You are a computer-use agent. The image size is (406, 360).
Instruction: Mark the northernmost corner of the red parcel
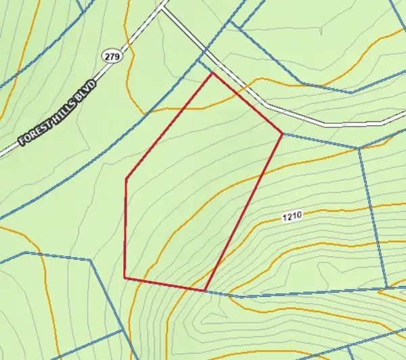[x=213, y=72]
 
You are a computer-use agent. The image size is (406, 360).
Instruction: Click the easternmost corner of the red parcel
[x=282, y=133]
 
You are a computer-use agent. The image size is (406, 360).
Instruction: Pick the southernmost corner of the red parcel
[x=205, y=291]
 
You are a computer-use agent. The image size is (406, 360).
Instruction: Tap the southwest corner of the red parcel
[x=125, y=277]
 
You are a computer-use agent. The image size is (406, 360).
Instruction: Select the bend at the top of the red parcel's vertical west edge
[x=127, y=179]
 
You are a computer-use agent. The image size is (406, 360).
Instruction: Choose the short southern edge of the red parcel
[x=164, y=284]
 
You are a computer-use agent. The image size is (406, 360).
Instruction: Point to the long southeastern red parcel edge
[x=244, y=212]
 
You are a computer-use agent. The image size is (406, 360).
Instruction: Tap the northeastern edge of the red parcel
[x=248, y=103]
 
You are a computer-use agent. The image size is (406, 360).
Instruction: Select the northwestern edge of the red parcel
[x=170, y=126]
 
